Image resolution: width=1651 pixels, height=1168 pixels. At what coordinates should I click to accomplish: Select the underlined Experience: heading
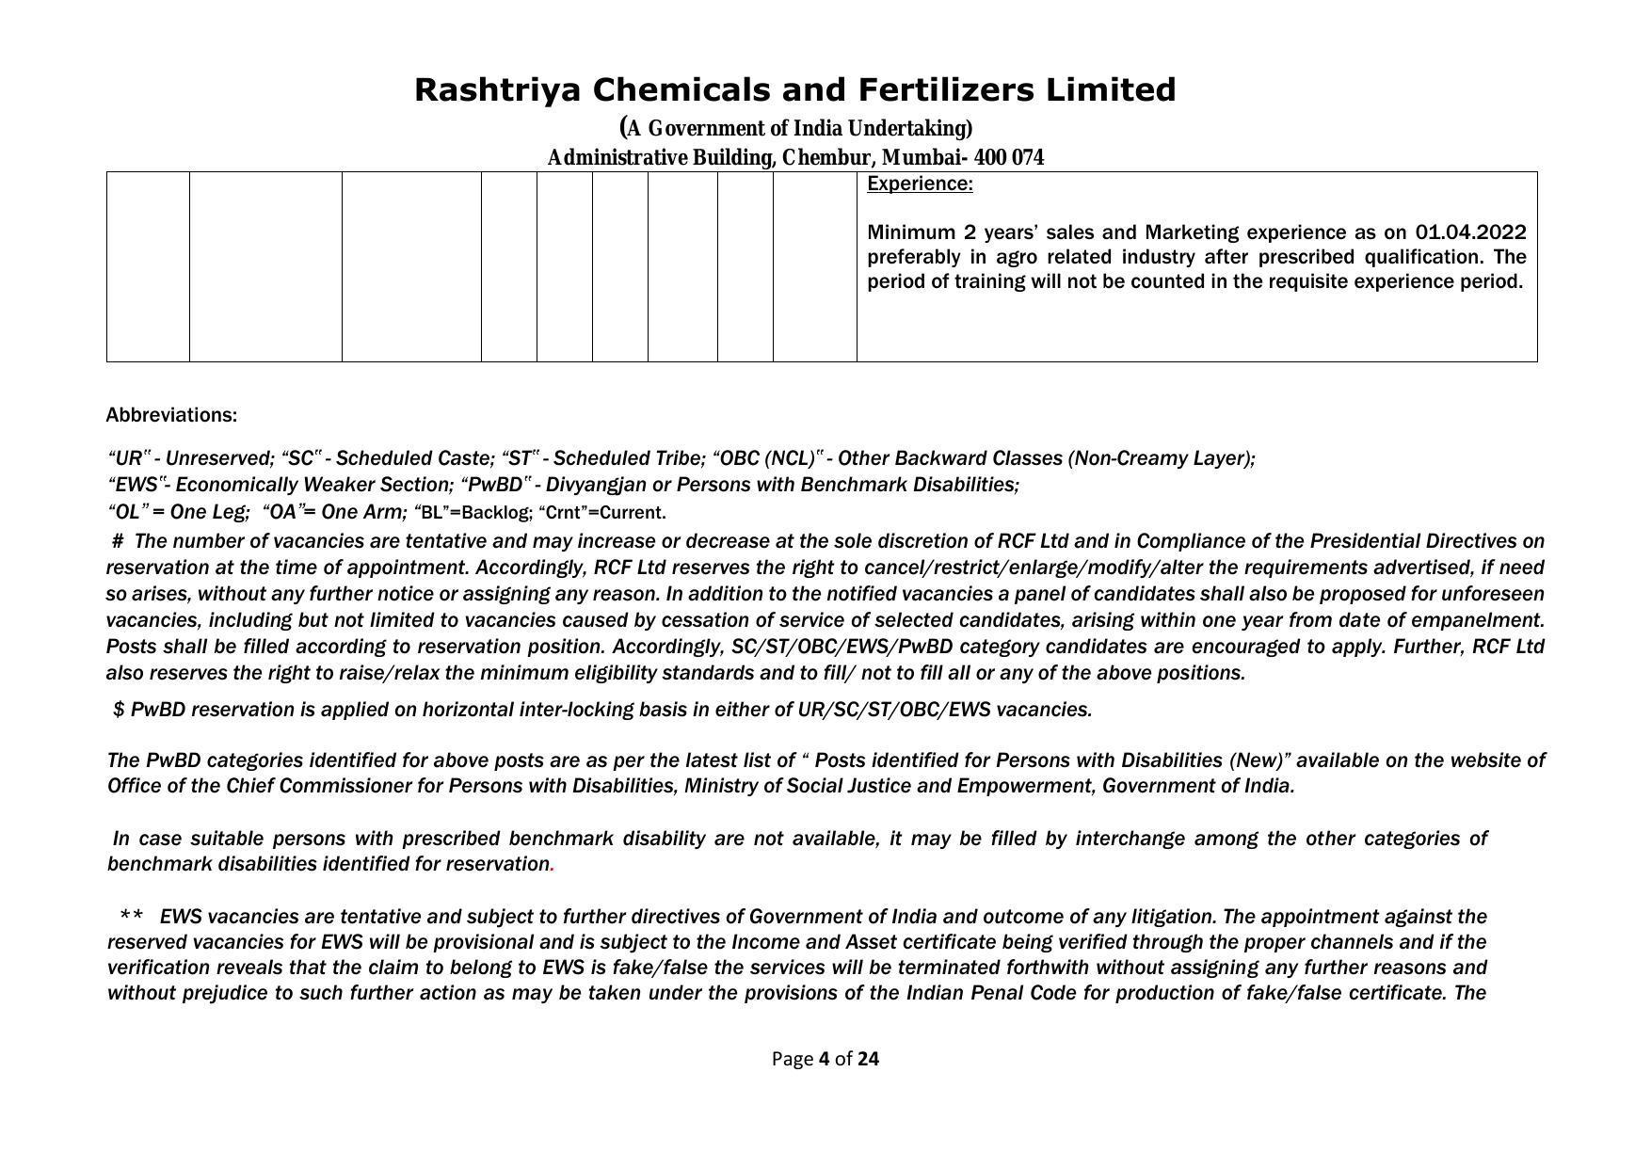pyautogui.click(x=920, y=184)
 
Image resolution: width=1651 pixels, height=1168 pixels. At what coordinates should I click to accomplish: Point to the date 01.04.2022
pyautogui.click(x=1469, y=232)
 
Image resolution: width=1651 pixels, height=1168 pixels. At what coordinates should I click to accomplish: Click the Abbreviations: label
pyautogui.click(x=171, y=415)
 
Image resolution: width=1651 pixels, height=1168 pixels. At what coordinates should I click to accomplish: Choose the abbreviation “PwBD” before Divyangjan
pyautogui.click(x=495, y=485)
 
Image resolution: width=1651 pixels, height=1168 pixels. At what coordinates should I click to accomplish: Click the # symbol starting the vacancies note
pyautogui.click(x=118, y=541)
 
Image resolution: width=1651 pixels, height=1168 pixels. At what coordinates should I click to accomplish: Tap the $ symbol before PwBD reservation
pyautogui.click(x=119, y=710)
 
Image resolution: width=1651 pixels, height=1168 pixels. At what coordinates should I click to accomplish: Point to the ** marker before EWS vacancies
pyautogui.click(x=132, y=917)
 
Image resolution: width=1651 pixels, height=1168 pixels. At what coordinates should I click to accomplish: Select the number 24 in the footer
pyautogui.click(x=868, y=1059)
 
